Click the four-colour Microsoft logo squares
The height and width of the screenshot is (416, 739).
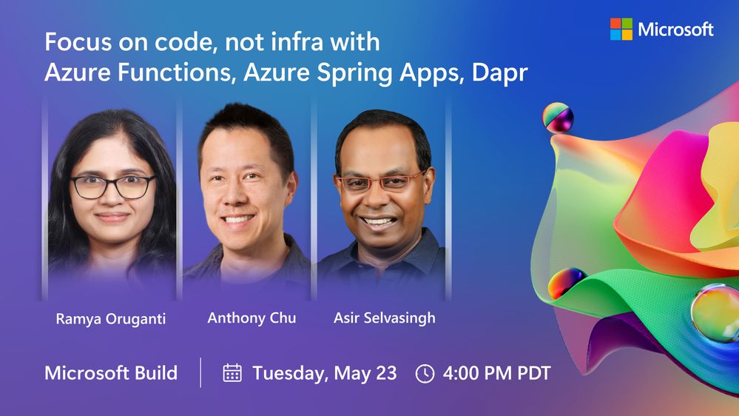pos(621,30)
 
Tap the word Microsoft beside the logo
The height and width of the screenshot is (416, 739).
pos(675,30)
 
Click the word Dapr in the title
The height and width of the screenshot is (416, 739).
pos(499,73)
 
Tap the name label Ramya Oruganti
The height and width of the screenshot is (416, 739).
pos(111,319)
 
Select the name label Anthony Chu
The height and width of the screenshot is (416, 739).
pos(252,318)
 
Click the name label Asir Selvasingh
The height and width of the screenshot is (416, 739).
pos(384,318)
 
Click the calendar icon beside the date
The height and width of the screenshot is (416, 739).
pos(232,372)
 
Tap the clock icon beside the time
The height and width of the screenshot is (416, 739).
pos(425,374)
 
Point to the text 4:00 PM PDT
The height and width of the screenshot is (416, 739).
pos(497,373)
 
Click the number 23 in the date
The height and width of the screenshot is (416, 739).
pos(386,373)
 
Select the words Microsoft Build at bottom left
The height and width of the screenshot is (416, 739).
pos(111,373)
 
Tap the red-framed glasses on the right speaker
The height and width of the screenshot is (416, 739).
pos(380,181)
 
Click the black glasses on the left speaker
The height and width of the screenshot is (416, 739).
pos(112,187)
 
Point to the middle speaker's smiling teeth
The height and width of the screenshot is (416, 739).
pos(237,219)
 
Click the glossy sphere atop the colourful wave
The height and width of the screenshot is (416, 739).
pos(558,118)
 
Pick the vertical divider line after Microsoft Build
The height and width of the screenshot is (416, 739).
pos(200,372)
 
